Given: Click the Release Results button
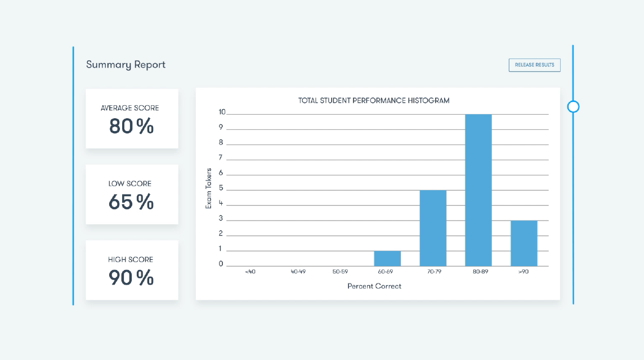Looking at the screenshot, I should (534, 65).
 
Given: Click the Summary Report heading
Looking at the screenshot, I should (126, 65).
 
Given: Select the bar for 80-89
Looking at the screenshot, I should (478, 190).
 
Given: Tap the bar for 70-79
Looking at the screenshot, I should (433, 228).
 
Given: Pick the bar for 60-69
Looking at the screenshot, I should (387, 258).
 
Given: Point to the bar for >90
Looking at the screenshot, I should (524, 243).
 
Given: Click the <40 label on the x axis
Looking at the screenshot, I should (250, 272).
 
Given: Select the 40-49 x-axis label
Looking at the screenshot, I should (298, 272).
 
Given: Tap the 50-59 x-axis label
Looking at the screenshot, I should (340, 272).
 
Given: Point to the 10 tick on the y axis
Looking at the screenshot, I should (222, 112).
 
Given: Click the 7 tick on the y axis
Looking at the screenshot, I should (221, 157).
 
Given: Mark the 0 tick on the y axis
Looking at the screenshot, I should (221, 264).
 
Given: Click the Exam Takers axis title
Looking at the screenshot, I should (208, 188).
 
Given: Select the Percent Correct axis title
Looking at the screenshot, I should (374, 286).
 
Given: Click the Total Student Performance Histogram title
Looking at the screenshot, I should (374, 101).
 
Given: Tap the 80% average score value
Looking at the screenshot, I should (131, 127).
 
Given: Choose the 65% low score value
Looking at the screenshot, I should (131, 202).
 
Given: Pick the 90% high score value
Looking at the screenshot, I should (131, 278).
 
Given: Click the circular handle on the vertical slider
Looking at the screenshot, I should (573, 106).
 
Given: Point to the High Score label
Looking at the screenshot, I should (131, 259).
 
